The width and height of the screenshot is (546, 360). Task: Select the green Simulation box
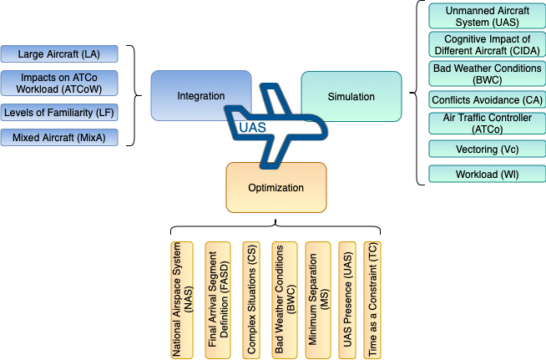(351, 96)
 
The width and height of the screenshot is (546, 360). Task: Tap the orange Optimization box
(276, 187)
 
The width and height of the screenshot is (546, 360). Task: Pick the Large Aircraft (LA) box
(59, 54)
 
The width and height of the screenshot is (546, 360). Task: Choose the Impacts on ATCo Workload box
(59, 83)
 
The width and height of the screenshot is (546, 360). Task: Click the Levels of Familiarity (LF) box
(59, 112)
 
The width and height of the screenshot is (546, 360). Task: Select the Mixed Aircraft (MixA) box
(59, 137)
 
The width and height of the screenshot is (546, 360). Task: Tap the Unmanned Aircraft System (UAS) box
(487, 17)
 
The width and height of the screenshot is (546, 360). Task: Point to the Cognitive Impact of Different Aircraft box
(487, 45)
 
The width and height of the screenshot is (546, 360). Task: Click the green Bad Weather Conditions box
(487, 74)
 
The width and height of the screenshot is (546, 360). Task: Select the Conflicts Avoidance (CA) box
(487, 100)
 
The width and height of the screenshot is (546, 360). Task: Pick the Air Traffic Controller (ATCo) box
(487, 124)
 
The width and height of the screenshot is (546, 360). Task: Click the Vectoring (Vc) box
(487, 149)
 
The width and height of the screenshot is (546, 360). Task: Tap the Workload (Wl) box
(487, 174)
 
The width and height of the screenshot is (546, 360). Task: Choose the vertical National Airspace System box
(181, 301)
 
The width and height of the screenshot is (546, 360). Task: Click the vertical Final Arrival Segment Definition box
(216, 301)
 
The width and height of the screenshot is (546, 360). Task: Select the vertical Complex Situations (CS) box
(250, 301)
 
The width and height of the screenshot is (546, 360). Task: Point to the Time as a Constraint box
(372, 301)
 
